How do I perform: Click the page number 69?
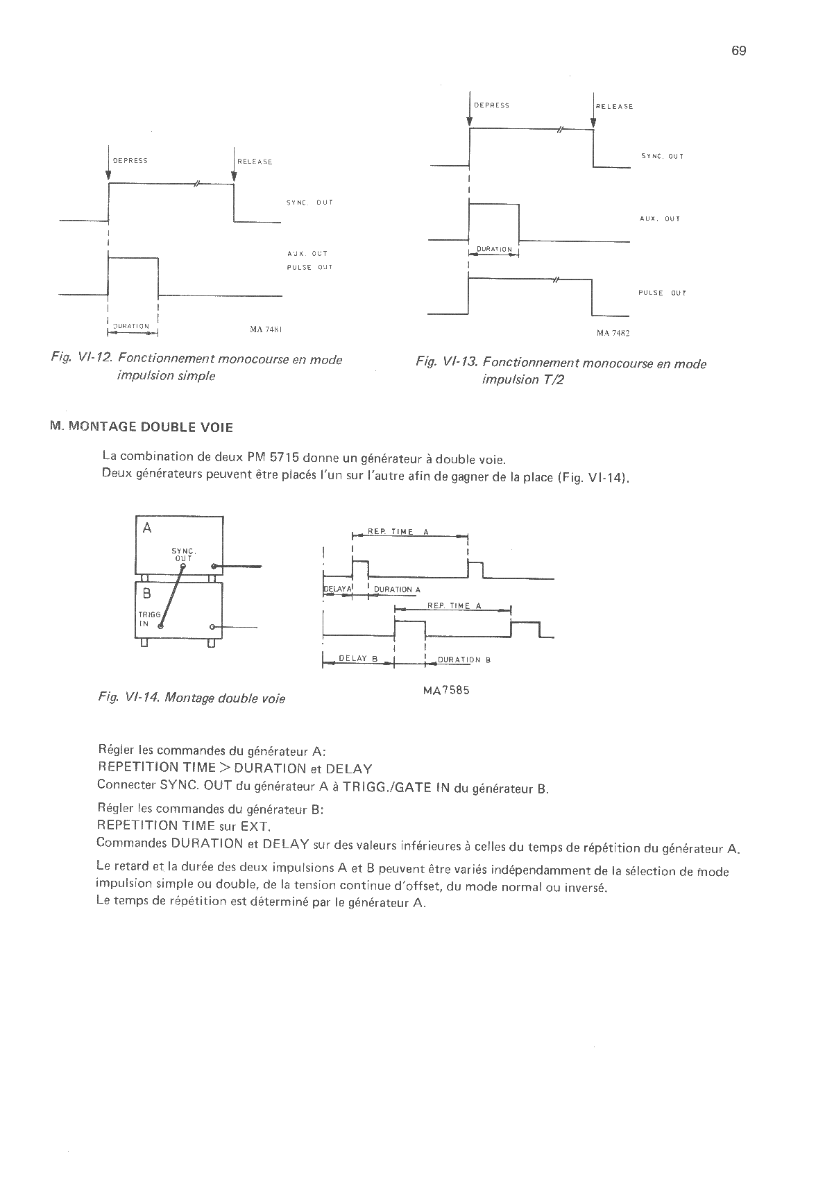point(738,51)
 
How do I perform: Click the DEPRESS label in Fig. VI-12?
point(130,161)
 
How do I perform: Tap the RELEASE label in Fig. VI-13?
point(615,107)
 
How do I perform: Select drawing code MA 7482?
point(613,333)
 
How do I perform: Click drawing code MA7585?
point(446,691)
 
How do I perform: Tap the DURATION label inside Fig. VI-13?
point(494,250)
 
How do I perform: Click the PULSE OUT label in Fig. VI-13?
point(662,293)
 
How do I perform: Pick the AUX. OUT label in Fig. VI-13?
point(659,219)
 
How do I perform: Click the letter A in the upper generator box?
point(147,528)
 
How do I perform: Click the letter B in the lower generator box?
point(147,594)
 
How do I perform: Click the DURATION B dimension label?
point(464,660)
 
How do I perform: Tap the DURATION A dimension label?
point(397,589)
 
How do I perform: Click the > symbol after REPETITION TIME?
point(226,768)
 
